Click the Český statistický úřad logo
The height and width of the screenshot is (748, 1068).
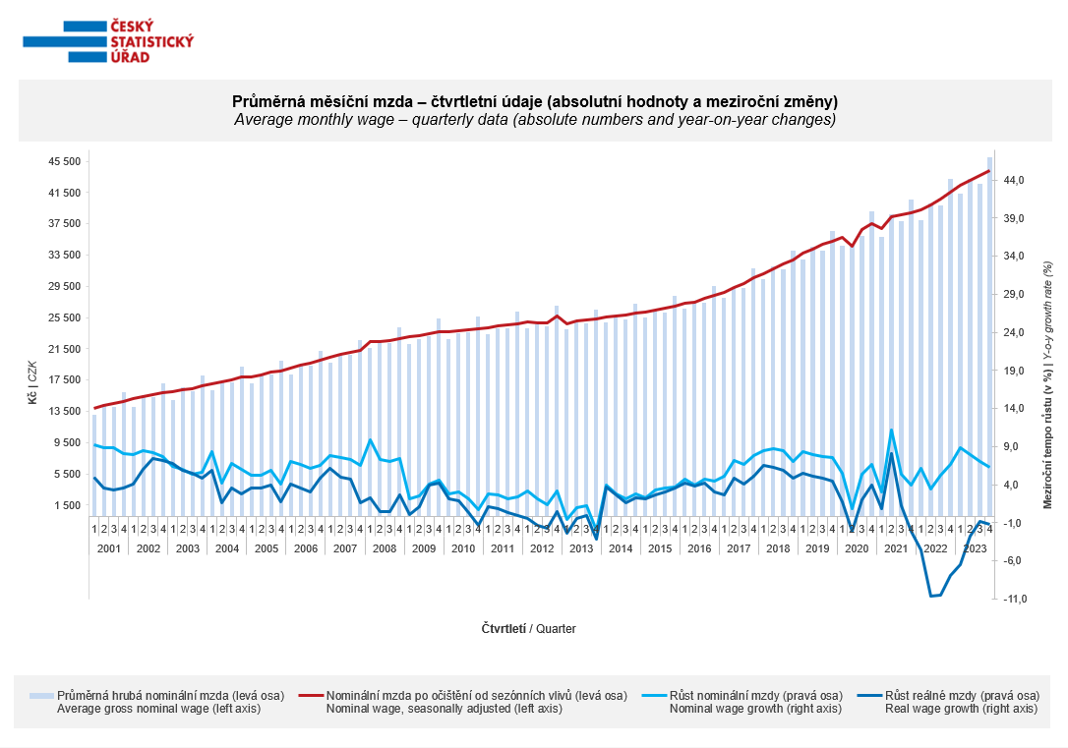pos(108,41)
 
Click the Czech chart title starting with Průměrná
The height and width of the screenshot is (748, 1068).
pos(535,101)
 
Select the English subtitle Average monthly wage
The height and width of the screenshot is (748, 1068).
pos(535,120)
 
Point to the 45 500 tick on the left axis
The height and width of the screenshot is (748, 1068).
pos(65,161)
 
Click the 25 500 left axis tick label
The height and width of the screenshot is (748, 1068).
pos(65,317)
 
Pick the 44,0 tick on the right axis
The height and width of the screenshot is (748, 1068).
pos(1014,180)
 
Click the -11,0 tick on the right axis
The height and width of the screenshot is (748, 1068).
pos(1012,599)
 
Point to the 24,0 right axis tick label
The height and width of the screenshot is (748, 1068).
pos(1014,333)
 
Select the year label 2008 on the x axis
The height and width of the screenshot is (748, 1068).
pos(385,548)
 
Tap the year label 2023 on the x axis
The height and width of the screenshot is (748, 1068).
pos(975,548)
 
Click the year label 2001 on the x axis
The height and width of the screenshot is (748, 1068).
pos(109,548)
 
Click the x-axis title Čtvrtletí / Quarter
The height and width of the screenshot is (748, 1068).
pos(528,629)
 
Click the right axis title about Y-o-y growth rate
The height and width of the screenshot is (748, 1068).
pos(1047,385)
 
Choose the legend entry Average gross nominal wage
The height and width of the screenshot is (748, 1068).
pos(157,702)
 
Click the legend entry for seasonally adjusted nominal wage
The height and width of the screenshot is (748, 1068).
pos(464,702)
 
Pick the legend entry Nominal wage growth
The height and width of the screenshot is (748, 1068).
pos(743,702)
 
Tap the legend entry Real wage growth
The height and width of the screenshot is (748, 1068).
pos(949,702)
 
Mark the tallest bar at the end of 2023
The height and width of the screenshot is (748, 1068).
pos(989,337)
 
